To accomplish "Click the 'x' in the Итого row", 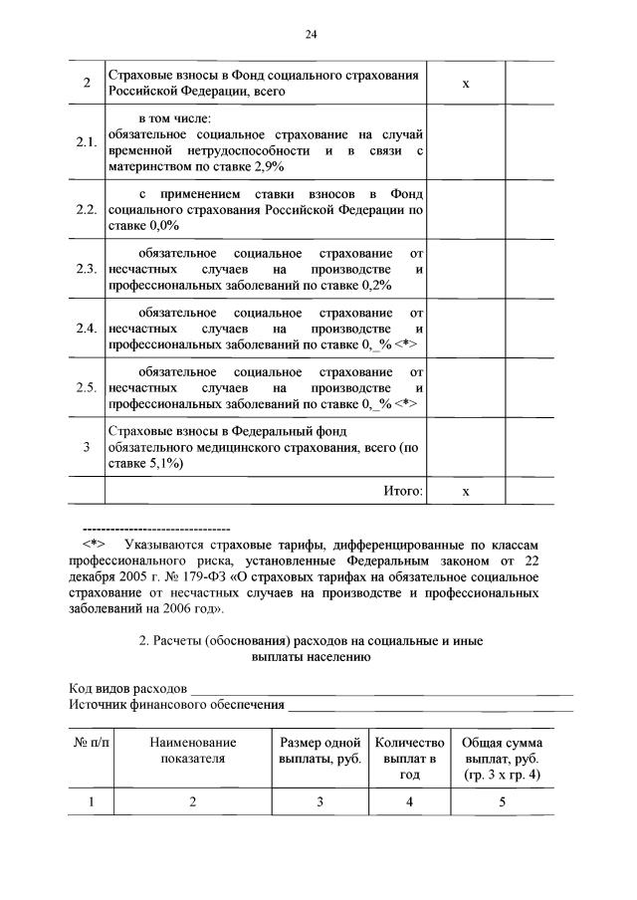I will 465,491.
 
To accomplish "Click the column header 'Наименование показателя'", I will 193,750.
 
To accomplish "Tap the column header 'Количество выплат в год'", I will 406,758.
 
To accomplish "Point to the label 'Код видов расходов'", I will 127,688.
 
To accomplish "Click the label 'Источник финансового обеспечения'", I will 175,704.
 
